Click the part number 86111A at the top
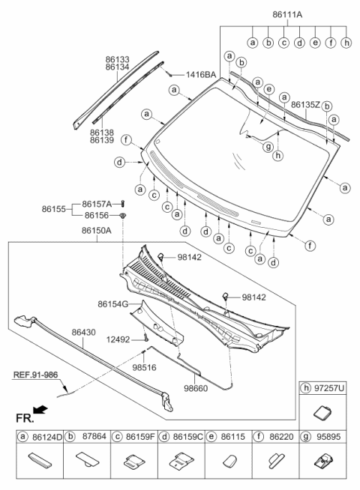[283, 13]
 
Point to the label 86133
[117, 59]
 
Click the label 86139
[102, 139]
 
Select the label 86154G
[112, 305]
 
